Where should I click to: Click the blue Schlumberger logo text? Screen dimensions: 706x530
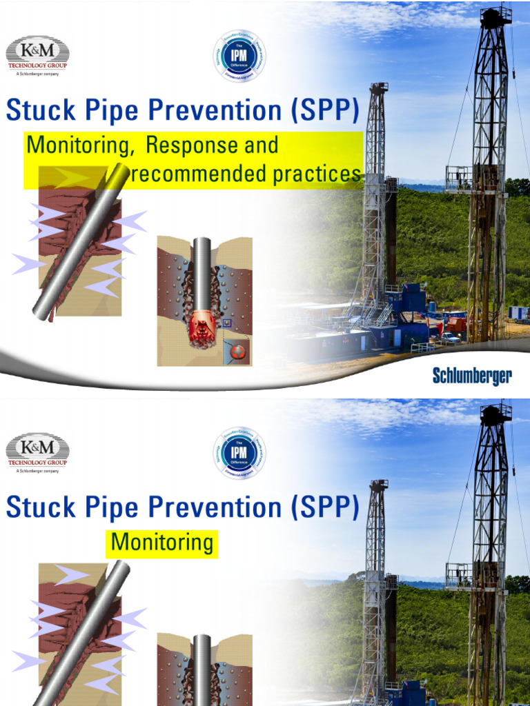coord(472,376)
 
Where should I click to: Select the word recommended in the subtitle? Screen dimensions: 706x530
coord(199,175)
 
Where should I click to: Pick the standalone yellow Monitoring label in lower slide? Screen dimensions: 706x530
coord(162,543)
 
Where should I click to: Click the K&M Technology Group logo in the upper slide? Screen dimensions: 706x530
coord(38,54)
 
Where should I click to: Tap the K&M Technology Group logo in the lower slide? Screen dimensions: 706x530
coord(38,452)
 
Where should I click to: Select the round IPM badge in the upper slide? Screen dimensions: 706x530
coord(239,56)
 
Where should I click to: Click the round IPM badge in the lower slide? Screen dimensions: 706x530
coord(239,453)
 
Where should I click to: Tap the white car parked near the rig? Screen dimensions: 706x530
coord(450,338)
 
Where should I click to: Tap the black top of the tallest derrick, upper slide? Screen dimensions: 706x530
coord(496,17)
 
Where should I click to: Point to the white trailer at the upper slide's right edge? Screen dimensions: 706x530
coord(518,314)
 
